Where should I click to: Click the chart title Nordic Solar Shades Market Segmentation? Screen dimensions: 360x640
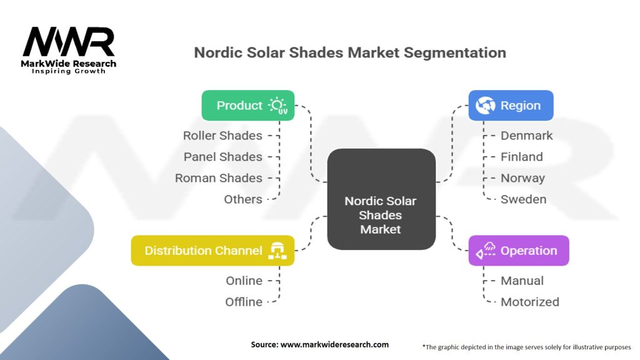click(x=350, y=52)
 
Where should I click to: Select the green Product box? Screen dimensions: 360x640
click(x=247, y=106)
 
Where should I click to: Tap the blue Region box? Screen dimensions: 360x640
click(x=511, y=106)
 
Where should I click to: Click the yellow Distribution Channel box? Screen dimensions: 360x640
click(x=212, y=251)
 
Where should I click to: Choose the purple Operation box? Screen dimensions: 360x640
click(x=518, y=251)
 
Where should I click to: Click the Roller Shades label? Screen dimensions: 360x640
click(x=222, y=136)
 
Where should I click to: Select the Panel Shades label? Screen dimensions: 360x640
click(x=222, y=157)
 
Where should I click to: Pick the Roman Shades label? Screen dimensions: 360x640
click(x=219, y=178)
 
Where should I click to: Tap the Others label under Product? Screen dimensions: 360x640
click(x=243, y=199)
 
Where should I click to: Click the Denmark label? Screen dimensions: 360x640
click(x=526, y=136)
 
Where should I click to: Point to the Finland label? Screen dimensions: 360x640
click(x=521, y=157)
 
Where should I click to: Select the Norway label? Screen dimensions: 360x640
click(x=522, y=178)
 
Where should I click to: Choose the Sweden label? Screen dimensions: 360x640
click(x=523, y=199)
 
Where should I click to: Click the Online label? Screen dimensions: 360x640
click(x=244, y=281)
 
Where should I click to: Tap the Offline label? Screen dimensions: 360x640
click(x=244, y=302)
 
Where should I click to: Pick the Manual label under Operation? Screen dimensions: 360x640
click(x=522, y=281)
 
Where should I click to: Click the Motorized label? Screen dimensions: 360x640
click(x=529, y=302)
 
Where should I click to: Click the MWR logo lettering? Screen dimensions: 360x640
click(x=69, y=42)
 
